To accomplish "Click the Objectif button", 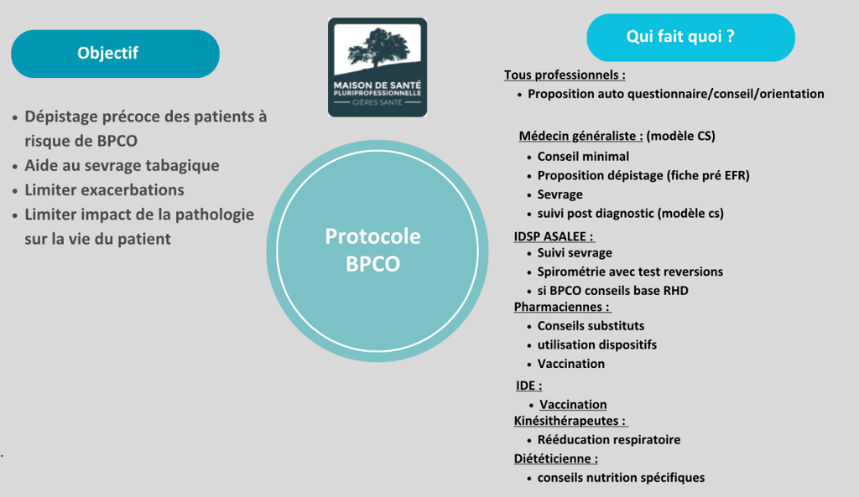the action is point(115,54).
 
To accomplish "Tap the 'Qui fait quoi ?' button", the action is point(690,38).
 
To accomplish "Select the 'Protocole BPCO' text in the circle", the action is point(372,250).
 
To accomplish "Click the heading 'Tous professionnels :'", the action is point(564,75).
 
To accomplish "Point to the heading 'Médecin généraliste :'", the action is point(580,136).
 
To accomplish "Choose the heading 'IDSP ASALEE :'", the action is point(554,236).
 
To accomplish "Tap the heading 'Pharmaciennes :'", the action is point(561,307).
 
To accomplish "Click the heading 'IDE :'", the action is point(528,386).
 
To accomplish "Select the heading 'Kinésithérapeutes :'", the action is point(570,421).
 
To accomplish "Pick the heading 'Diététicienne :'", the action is point(555,458).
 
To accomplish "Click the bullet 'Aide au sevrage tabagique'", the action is point(122,165).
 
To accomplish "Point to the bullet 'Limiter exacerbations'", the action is point(104,189).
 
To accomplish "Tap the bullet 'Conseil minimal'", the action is point(583,157).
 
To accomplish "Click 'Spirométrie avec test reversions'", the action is point(630,272).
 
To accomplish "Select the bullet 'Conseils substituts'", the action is point(591,326).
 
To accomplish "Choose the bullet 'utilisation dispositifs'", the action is point(596,344).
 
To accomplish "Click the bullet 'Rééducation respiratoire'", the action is point(609,440).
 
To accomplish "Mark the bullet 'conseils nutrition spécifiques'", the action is point(621,478).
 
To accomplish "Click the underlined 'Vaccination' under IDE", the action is point(573,404).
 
